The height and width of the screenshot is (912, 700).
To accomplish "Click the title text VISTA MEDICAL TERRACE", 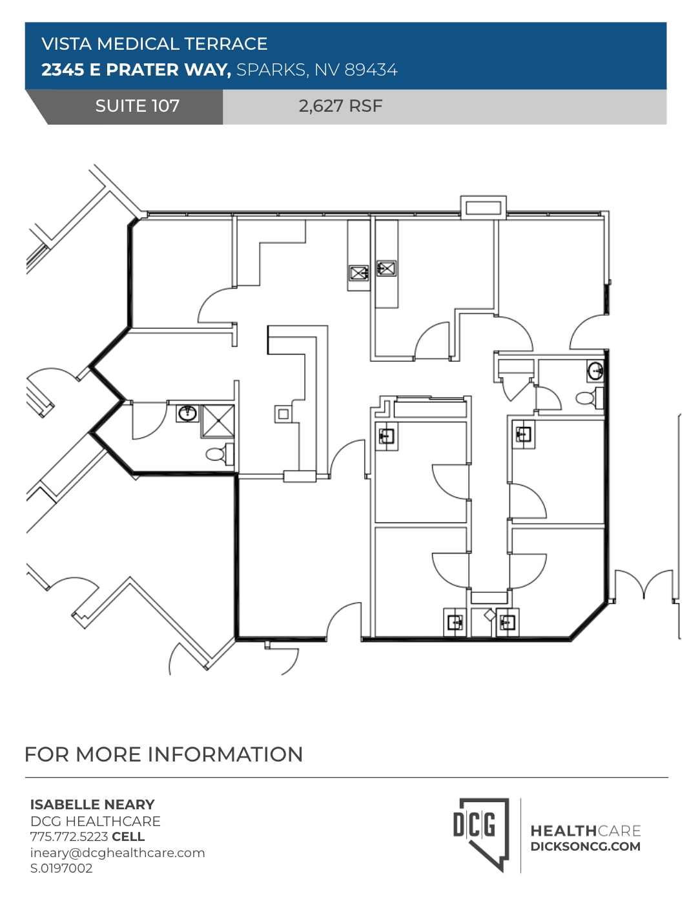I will [154, 44].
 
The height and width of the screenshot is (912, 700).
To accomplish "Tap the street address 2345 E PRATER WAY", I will [136, 70].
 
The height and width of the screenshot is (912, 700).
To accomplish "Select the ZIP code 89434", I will [371, 70].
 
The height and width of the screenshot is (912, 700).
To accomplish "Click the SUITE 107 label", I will [137, 106].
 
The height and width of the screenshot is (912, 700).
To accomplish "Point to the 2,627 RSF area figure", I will [340, 106].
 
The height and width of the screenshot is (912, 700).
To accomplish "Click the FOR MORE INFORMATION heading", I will [163, 754].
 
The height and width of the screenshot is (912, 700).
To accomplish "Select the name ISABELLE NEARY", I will [92, 805].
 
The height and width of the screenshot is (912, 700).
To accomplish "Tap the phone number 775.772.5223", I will [69, 836].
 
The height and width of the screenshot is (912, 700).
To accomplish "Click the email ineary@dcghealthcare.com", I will [118, 853].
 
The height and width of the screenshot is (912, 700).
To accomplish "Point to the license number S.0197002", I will [61, 868].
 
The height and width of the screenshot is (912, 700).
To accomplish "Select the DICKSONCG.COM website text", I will [585, 847].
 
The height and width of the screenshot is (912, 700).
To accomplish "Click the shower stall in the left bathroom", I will [218, 422].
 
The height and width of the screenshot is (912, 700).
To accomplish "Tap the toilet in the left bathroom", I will [218, 454].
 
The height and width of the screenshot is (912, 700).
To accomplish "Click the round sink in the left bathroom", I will [187, 413].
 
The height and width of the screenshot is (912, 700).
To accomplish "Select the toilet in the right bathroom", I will [588, 398].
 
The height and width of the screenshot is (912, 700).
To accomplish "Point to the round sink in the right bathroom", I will [595, 371].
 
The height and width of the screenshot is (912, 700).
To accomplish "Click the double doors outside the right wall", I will [643, 585].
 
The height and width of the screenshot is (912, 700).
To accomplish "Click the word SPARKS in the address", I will [271, 70].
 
